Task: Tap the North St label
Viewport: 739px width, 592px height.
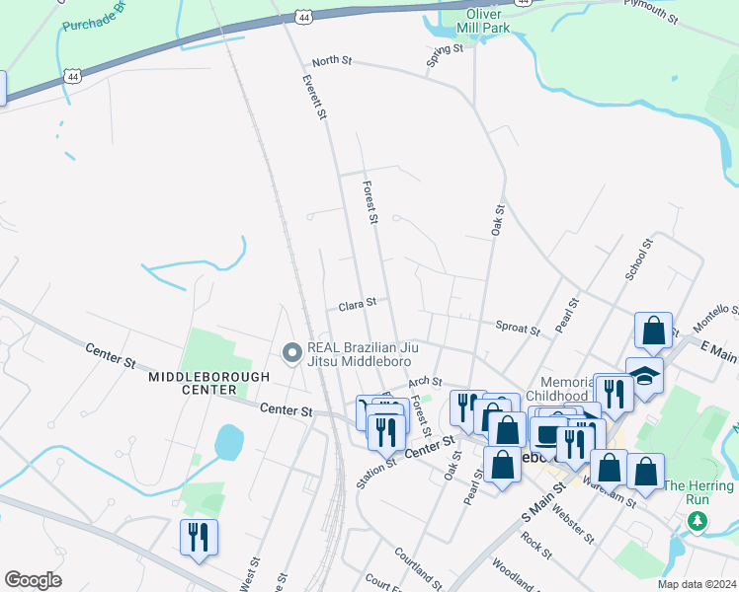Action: click(332, 61)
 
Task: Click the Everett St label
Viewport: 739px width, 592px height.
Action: click(314, 97)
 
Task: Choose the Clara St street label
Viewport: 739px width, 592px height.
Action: click(358, 306)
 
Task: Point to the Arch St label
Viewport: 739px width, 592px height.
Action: click(424, 381)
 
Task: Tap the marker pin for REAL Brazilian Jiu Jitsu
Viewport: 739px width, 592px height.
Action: click(291, 353)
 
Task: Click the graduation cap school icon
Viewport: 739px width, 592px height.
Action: click(644, 375)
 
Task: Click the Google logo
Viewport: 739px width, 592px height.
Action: click(33, 580)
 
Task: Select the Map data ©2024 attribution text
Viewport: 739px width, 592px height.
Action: click(696, 584)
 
